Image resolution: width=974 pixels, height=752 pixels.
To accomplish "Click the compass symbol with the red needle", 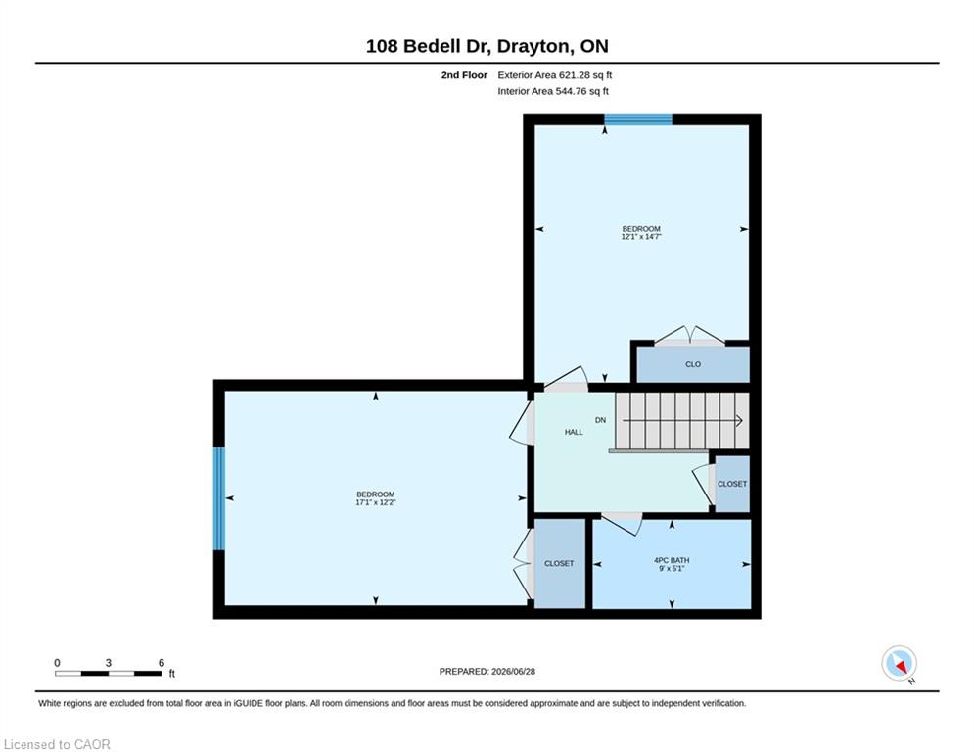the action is (x=899, y=664).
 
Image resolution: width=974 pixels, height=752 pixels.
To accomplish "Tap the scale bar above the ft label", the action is (x=108, y=673).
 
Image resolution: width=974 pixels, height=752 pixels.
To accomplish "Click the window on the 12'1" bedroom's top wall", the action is (x=638, y=119).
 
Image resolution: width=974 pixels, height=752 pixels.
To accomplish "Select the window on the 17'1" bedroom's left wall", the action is (x=218, y=498).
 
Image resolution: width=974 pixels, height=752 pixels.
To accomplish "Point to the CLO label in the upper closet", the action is (x=693, y=364).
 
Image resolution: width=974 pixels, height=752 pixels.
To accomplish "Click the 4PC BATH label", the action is (x=672, y=560).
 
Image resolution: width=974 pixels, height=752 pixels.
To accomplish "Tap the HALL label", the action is (x=574, y=432).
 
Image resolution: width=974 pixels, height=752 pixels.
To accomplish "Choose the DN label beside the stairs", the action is (x=600, y=420).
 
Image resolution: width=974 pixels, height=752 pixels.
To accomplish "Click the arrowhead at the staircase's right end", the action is (x=739, y=421).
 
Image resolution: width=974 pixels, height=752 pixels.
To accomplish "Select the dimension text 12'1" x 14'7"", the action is (x=641, y=237).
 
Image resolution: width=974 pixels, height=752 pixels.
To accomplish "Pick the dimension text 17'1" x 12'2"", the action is (x=375, y=502).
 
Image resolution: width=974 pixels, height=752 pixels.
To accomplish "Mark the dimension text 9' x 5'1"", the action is (x=672, y=568).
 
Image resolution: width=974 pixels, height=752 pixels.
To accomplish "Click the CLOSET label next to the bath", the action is (x=558, y=563).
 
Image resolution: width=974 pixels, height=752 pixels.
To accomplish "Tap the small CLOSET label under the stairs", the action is (x=732, y=484).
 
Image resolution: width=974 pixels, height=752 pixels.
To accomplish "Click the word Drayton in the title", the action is (x=533, y=46).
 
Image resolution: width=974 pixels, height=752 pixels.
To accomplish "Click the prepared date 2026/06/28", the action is (x=513, y=671).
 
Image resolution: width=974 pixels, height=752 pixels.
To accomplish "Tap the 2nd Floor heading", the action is (x=464, y=75).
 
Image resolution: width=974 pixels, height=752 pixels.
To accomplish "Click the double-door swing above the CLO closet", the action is (x=689, y=335).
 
